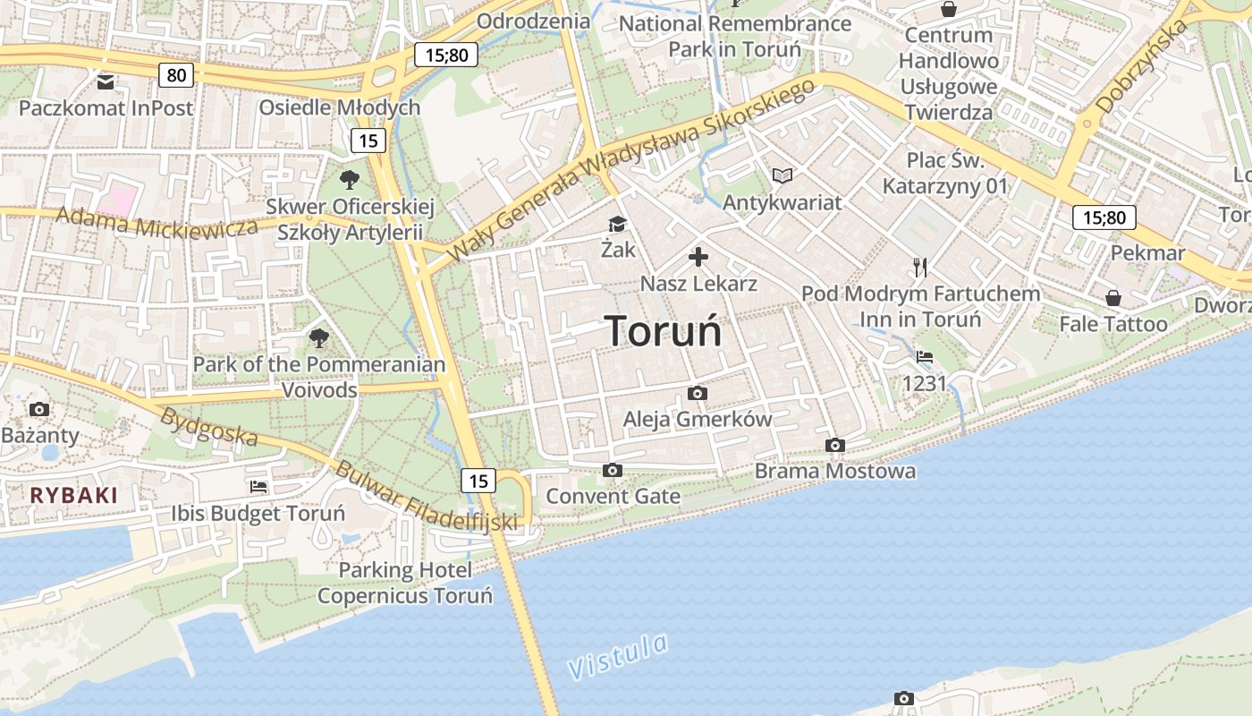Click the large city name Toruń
[x=664, y=331]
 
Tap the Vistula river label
[x=618, y=656]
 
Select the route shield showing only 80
[x=176, y=75]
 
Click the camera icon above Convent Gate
[x=613, y=470]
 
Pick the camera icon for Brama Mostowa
[x=835, y=445]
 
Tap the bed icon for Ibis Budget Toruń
[x=258, y=487]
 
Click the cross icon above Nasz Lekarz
[x=698, y=258]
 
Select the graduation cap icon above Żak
[x=617, y=224]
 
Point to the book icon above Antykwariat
[x=782, y=175]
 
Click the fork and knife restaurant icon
[x=920, y=267]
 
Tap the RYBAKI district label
[x=73, y=495]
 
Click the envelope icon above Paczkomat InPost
[x=106, y=82]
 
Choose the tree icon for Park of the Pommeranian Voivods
[x=318, y=337]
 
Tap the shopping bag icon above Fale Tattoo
[x=1113, y=297]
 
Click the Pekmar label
[x=1147, y=253]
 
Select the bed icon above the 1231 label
[x=925, y=357]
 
